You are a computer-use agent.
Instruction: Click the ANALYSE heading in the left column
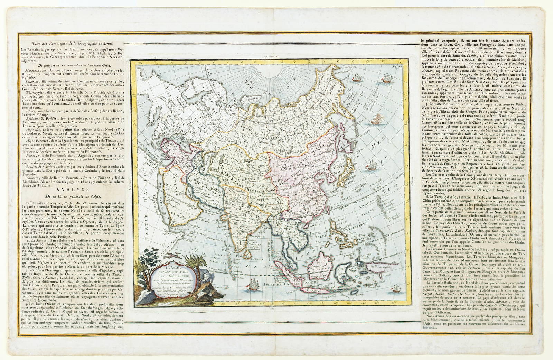click(66, 190)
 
